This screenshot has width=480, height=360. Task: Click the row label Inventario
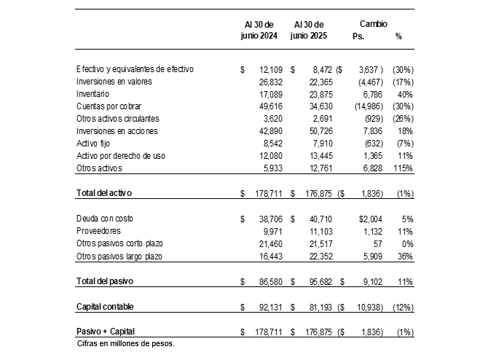click(x=93, y=94)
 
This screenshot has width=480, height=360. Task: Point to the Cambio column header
click(x=374, y=24)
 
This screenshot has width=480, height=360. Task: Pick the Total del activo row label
click(x=108, y=193)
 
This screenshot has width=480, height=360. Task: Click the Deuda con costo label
click(x=105, y=219)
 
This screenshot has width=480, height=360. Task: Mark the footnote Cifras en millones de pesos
click(x=125, y=343)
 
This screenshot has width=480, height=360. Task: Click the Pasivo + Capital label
click(x=106, y=332)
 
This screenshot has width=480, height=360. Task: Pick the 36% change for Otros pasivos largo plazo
click(x=405, y=257)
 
